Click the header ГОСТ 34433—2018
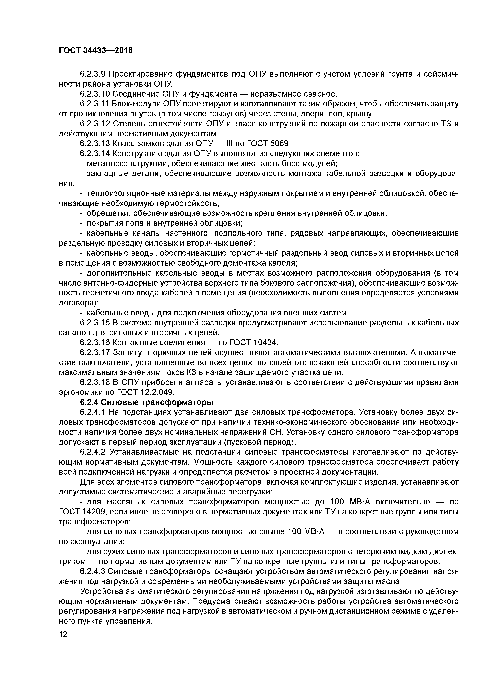pyautogui.click(x=96, y=51)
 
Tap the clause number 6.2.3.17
pyautogui.click(x=95, y=353)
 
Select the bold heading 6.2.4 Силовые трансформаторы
pyautogui.click(x=147, y=402)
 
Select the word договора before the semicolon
pyautogui.click(x=77, y=303)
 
